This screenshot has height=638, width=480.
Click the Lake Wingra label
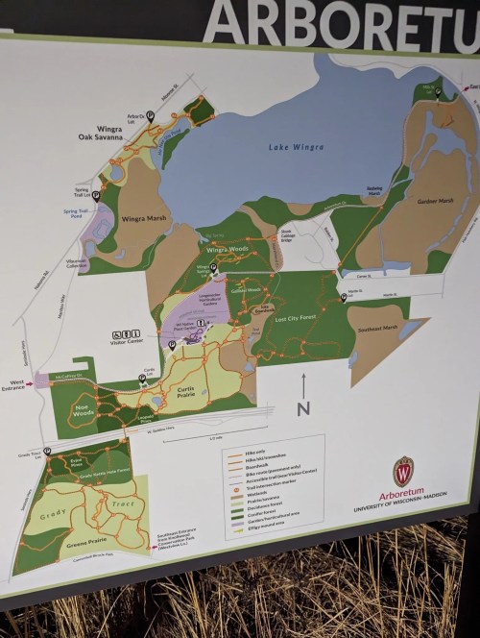point(289,147)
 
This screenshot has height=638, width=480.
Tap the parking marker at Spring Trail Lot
point(96,196)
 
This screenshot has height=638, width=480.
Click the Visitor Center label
point(126,338)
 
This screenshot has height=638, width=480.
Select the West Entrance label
point(17,385)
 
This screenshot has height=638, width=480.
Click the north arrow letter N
point(303,408)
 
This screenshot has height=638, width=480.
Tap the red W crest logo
point(403,471)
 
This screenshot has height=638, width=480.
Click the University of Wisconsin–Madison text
point(400,505)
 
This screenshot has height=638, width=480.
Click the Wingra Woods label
point(228,250)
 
